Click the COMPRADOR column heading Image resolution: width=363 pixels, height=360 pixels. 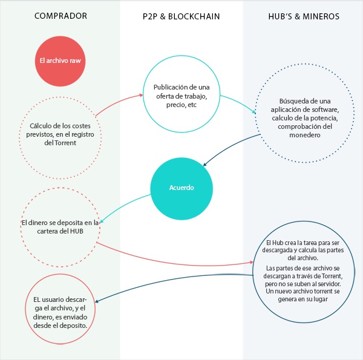pyautogui.click(x=60, y=16)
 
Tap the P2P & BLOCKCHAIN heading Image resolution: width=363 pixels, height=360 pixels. pyautogui.click(x=181, y=16)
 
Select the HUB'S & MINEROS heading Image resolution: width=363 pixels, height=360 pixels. pyautogui.click(x=304, y=16)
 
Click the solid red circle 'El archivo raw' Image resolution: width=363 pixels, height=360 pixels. pyautogui.click(x=60, y=61)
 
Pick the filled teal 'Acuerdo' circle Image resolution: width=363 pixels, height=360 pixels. pyautogui.click(x=181, y=188)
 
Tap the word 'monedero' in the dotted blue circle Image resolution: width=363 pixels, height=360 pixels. pyautogui.click(x=305, y=135)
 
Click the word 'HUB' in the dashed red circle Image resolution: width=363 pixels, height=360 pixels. pyautogui.click(x=77, y=231)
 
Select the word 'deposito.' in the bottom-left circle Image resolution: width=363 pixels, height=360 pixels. pyautogui.click(x=75, y=326)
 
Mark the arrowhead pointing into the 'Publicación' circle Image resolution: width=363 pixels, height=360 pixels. pyautogui.click(x=141, y=95)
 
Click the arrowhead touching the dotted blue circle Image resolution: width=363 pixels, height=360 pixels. pyautogui.click(x=254, y=112)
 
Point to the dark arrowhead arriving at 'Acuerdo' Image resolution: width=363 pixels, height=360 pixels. pyautogui.click(x=204, y=165)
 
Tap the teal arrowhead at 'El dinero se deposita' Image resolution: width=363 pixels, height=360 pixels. pyautogui.click(x=102, y=221)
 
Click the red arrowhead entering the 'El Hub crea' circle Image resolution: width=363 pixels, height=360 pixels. pyautogui.click(x=251, y=263)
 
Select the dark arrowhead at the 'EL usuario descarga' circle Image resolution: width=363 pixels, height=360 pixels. pyautogui.click(x=97, y=301)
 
